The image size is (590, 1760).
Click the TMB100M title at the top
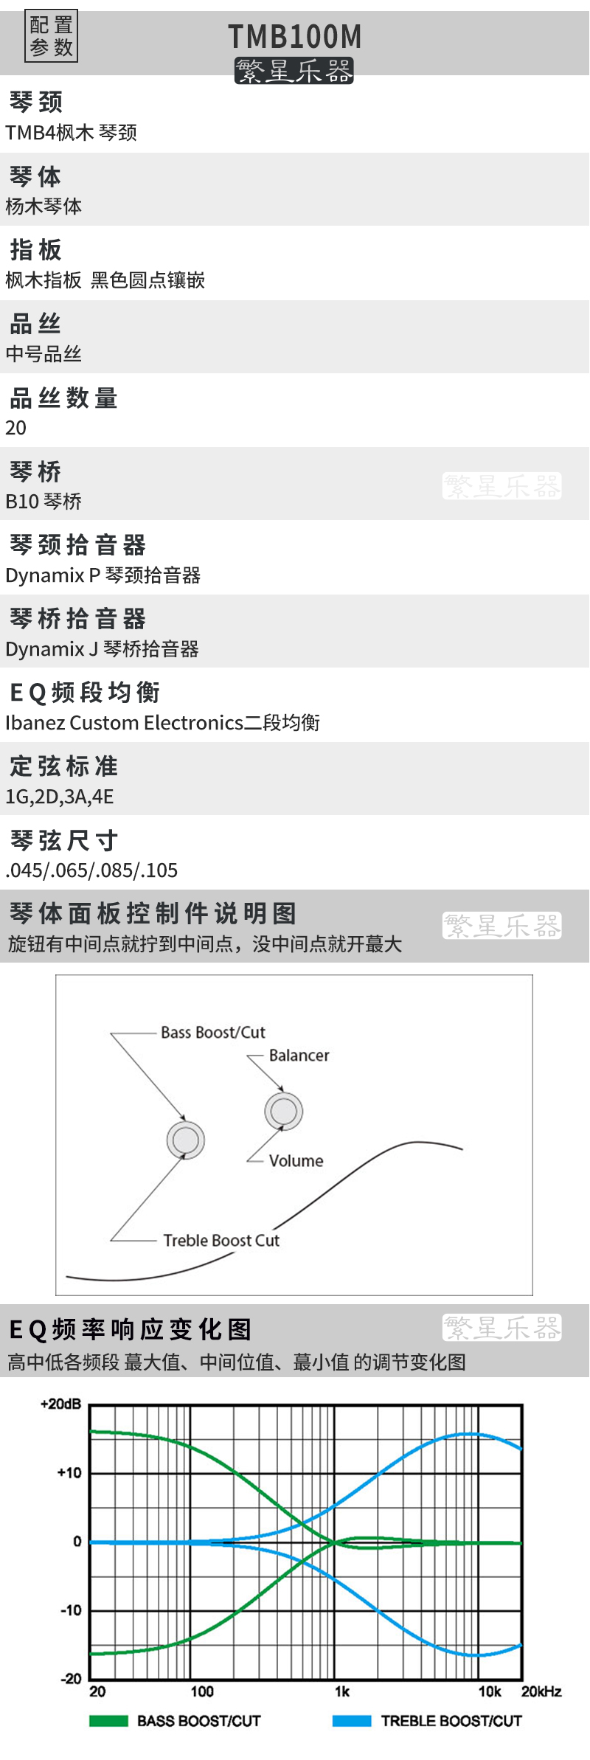[294, 36]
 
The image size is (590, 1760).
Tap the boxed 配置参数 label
[51, 36]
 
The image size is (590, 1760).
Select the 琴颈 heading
[36, 102]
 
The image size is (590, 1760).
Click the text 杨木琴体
[44, 207]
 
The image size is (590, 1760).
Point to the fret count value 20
[15, 428]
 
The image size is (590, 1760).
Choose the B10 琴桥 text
[44, 502]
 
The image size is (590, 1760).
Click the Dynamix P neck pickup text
[103, 575]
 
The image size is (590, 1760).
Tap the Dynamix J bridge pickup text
[103, 649]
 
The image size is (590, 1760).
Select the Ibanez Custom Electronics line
[162, 723]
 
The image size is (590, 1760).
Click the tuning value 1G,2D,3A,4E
[60, 797]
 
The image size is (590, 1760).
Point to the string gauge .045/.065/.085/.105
[91, 870]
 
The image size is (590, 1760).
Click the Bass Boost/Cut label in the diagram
[213, 1033]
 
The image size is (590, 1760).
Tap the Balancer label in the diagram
[299, 1056]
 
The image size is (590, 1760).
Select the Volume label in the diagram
[296, 1161]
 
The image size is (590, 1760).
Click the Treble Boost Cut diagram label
[221, 1241]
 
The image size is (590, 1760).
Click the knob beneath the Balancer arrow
[284, 1111]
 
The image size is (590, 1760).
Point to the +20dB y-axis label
[60, 1404]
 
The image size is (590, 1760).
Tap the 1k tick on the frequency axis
[342, 1691]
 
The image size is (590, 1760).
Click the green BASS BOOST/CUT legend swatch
[108, 1721]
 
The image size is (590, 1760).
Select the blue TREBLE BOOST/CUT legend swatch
[352, 1721]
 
